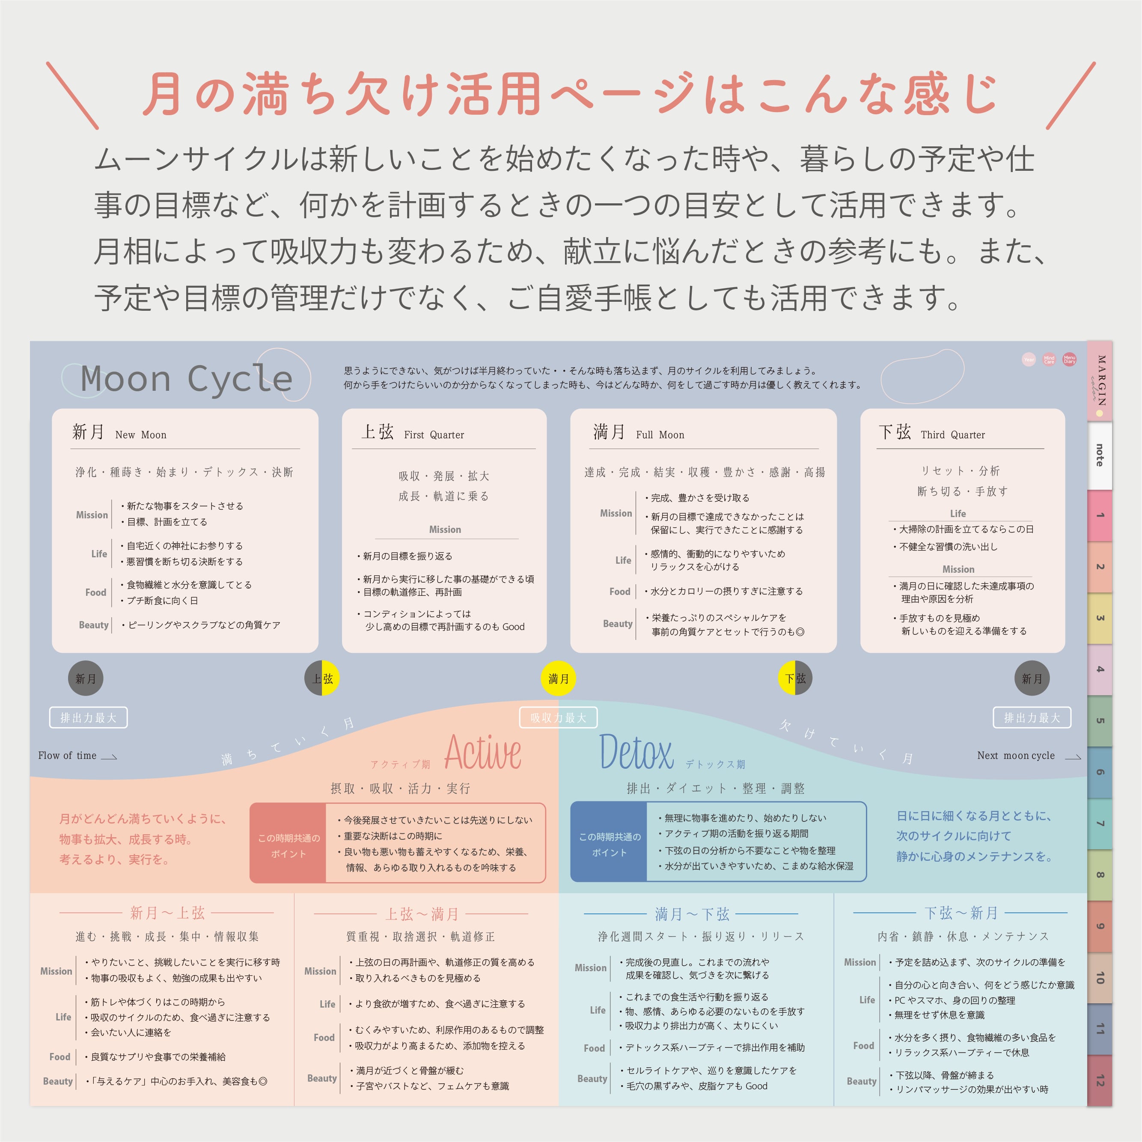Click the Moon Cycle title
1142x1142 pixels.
tap(186, 378)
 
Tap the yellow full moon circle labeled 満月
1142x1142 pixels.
tap(558, 678)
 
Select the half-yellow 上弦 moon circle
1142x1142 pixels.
tap(322, 678)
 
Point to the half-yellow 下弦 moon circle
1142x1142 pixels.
tap(794, 678)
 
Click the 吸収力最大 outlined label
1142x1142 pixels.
tap(558, 717)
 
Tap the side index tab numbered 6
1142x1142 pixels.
tap(1100, 772)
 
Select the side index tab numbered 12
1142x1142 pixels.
tap(1100, 1080)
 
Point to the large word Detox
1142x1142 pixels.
tap(636, 752)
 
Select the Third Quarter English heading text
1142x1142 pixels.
tap(953, 435)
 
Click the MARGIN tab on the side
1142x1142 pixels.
tap(1100, 381)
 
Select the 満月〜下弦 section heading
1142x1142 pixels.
tap(692, 914)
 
